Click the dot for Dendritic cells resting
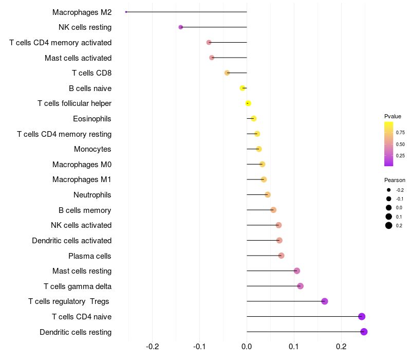(x=364, y=332)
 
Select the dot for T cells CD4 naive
(x=362, y=317)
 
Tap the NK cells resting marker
(x=180, y=27)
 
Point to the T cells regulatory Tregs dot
(x=325, y=301)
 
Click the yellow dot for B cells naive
(x=242, y=88)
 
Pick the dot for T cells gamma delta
(x=301, y=286)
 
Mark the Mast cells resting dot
(x=297, y=271)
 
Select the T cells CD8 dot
(x=227, y=73)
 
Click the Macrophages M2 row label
(x=82, y=12)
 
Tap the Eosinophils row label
(x=92, y=119)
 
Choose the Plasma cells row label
(x=89, y=256)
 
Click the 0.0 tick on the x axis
(x=247, y=346)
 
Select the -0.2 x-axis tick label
(x=153, y=346)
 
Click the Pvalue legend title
(x=393, y=116)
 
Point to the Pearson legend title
(x=395, y=180)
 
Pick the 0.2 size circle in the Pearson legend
(x=389, y=225)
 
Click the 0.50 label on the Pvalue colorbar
(x=400, y=144)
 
